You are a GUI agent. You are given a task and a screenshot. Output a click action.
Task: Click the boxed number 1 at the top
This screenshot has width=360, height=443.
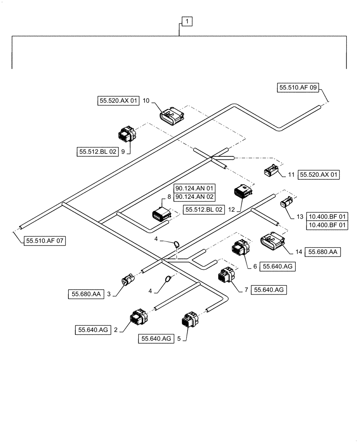(187, 21)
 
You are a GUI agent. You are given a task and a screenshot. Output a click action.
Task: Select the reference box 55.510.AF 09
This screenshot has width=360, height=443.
(298, 88)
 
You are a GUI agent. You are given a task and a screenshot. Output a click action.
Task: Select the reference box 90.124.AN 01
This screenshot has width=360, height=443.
(194, 188)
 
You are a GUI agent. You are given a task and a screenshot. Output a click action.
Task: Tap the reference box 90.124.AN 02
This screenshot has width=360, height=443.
(194, 196)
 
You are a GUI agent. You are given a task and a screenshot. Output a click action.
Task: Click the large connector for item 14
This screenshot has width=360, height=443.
(271, 242)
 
